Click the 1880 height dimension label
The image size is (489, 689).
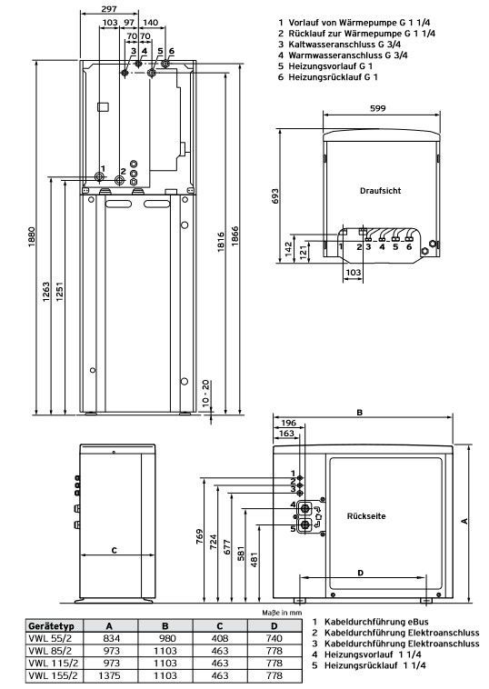(32, 237)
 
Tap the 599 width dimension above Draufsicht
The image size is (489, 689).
(378, 108)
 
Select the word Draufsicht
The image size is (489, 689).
(381, 191)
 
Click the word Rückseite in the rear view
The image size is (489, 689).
(366, 516)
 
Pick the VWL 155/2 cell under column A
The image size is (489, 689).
(110, 675)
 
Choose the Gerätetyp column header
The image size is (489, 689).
(51, 626)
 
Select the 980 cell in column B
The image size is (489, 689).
(165, 638)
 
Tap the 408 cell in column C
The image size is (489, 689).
(220, 638)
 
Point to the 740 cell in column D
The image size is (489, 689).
(274, 638)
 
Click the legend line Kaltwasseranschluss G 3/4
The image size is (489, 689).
(339, 45)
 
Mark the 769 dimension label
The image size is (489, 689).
(200, 537)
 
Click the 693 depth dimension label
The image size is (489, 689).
(275, 197)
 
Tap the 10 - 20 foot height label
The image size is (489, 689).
(206, 394)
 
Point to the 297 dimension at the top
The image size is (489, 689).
(109, 9)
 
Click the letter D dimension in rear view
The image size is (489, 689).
(361, 573)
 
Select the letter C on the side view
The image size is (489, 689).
(115, 550)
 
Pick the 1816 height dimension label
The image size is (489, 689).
(221, 242)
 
